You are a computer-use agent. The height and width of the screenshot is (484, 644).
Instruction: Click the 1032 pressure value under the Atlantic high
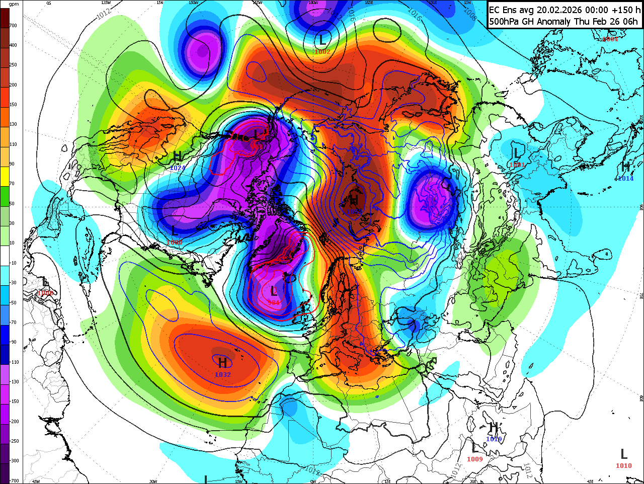coord(223,375)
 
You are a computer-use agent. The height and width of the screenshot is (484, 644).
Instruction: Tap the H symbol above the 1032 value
coord(223,362)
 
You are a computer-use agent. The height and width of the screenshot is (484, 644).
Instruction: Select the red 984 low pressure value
coord(275,302)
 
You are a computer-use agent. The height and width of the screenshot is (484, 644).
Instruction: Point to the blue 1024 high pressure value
coord(178,168)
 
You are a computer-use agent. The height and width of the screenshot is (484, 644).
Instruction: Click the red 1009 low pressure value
coord(475,459)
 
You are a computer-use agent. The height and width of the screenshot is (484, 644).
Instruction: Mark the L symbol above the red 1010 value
coord(624,454)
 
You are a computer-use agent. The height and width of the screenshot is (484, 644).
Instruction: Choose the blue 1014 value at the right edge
coord(625,179)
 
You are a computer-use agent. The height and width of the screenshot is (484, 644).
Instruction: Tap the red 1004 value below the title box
coord(610,39)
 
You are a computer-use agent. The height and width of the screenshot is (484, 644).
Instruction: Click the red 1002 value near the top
coord(322,52)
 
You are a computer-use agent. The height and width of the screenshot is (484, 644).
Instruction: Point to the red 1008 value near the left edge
coord(45,293)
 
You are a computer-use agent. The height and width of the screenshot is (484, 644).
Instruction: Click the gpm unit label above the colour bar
coord(14,4)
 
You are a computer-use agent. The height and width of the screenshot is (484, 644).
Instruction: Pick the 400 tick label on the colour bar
coord(13,45)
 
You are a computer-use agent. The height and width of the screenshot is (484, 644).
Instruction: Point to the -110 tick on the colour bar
coord(14,362)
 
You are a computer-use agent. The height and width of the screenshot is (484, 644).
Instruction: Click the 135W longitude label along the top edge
coord(106,3)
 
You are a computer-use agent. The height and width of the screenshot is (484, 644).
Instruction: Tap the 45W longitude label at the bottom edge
coord(36,481)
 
